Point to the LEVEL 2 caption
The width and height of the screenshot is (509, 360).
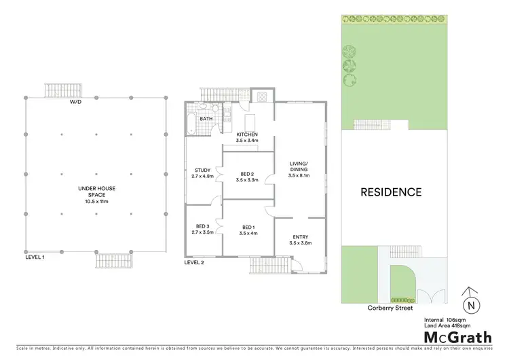[194, 262]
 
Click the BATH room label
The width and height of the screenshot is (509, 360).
[206, 118]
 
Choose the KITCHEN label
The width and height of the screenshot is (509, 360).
[246, 134]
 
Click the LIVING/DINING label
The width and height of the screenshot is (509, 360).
[299, 166]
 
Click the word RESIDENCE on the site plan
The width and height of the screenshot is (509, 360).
[390, 192]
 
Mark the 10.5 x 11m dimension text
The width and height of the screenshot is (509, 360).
[95, 202]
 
